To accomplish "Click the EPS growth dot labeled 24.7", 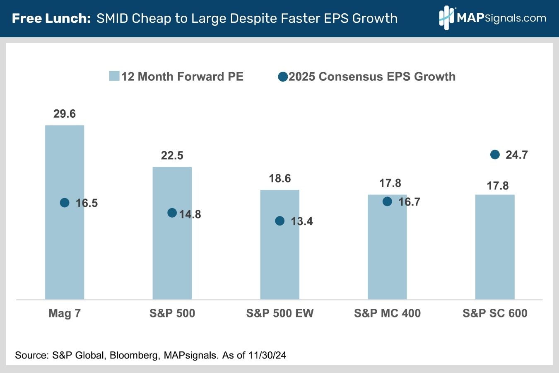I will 495,155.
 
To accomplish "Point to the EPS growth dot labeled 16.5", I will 65,203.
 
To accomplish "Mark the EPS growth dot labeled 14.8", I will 172,213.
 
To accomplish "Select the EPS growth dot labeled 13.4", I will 280,221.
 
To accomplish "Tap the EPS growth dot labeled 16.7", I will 387,201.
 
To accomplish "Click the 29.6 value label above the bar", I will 65,114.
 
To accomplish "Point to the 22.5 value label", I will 172,156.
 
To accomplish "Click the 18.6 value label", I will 280,179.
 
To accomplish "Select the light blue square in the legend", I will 114,76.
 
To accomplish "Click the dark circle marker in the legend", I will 283,77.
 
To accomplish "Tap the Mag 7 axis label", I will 65,313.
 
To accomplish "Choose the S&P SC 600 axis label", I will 495,313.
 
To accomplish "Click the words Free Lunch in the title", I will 51,19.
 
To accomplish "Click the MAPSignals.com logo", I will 493,18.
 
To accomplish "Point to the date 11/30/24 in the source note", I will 267,355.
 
